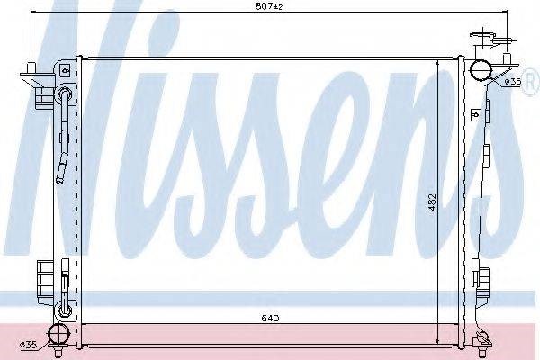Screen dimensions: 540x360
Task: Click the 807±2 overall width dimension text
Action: tap(269, 6)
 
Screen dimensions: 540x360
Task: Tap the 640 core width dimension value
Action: tap(270, 318)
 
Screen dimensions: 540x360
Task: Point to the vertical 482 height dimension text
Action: tap(432, 202)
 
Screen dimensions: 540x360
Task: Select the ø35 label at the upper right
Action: tap(513, 82)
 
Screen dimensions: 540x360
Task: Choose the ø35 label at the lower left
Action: tap(28, 344)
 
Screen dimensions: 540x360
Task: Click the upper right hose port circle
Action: tap(481, 69)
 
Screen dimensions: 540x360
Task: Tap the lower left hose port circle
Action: tap(58, 335)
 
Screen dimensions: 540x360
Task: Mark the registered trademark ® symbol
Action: tap(531, 82)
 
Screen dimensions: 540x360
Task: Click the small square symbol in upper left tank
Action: tap(65, 71)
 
